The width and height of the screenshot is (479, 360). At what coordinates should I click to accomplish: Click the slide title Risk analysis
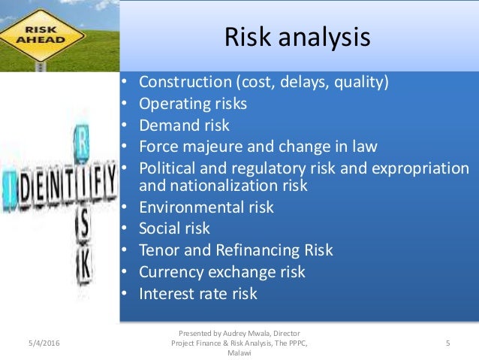[x=298, y=38]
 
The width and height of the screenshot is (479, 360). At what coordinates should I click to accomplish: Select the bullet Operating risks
[x=193, y=104]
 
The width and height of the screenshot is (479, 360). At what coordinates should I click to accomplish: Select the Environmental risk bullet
[x=206, y=207]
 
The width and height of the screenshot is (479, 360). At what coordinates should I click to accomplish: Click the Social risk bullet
[x=175, y=228]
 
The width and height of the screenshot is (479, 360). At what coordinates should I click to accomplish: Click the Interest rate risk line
[x=199, y=293]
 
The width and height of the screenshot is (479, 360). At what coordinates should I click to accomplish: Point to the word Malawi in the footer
[x=239, y=354]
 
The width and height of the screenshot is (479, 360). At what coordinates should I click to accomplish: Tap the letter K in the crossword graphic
[x=84, y=265]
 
